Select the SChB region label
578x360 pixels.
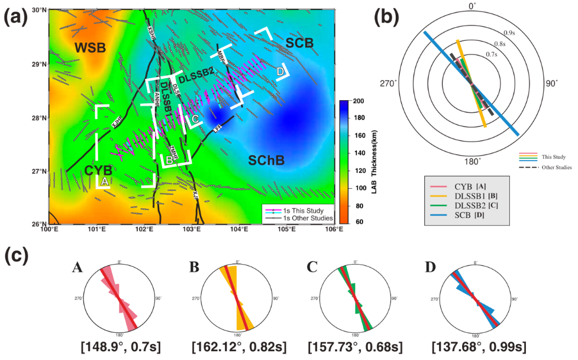(x=266, y=160)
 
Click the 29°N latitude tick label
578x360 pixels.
(x=39, y=64)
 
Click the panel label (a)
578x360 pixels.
(x=17, y=17)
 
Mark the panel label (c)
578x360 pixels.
(x=17, y=256)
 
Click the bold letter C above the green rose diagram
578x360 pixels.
(x=312, y=268)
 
